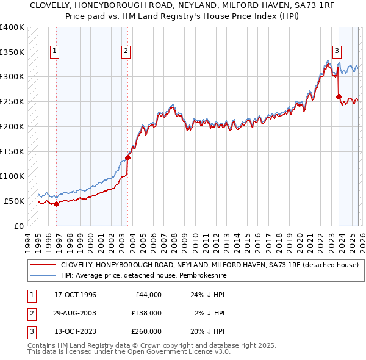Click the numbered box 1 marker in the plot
pos(56,51)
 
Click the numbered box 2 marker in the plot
pos(126,51)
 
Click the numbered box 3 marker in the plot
pos(337,51)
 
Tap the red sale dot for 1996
pos(56,204)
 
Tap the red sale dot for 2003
pos(127,157)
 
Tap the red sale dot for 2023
pos(339,96)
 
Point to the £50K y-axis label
pos(14,201)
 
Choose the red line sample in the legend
pos(42,265)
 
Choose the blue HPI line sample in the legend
pos(42,275)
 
